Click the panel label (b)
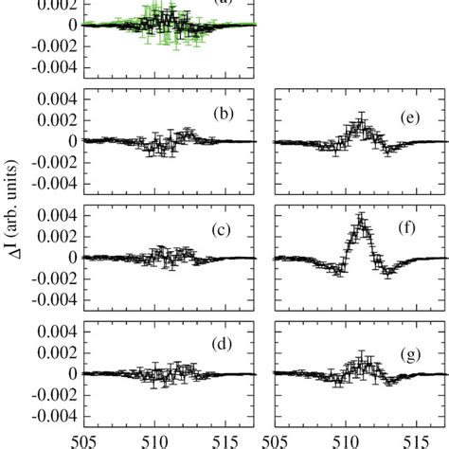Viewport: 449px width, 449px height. pos(224,116)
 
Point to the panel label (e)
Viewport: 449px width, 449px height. pos(412,116)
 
